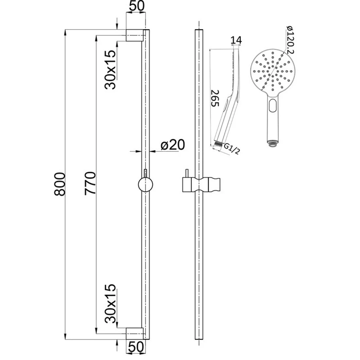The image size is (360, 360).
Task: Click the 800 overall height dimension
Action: click(60, 183)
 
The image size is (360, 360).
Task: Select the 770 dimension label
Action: click(90, 183)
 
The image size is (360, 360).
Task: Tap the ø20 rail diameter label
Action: click(173, 145)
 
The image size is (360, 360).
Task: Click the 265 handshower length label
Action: click(215, 98)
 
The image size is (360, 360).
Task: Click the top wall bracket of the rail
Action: click(135, 35)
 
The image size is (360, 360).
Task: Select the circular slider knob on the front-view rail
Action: click(145, 184)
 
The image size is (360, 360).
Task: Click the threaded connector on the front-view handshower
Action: click(272, 143)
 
